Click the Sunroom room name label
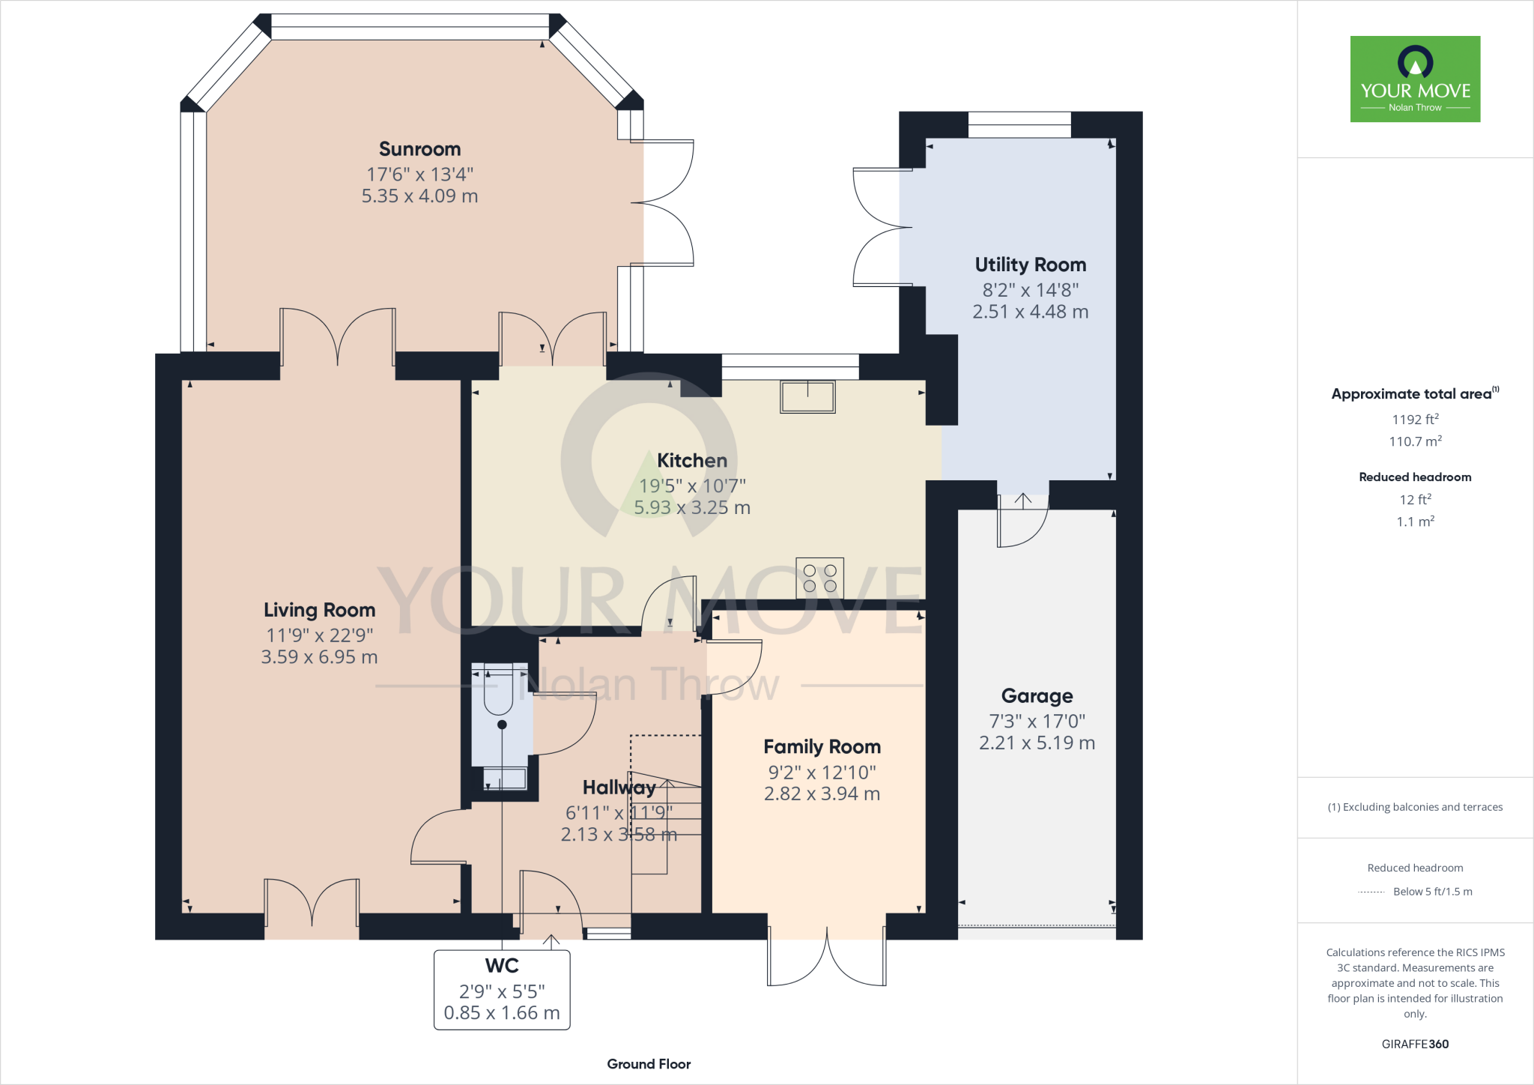click(x=419, y=149)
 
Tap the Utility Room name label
click(x=1030, y=265)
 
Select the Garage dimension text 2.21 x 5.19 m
click(x=1037, y=743)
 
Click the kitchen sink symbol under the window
click(x=807, y=396)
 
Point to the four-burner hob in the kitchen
click(x=819, y=578)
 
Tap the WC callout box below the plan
click(x=502, y=990)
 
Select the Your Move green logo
click(x=1415, y=79)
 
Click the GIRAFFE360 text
click(x=1415, y=1044)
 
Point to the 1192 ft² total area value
click(x=1415, y=420)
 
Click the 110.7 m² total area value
click(x=1415, y=441)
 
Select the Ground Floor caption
click(x=649, y=1064)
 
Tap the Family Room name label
click(x=822, y=747)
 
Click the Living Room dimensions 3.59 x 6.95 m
click(x=319, y=657)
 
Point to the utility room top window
click(x=1019, y=124)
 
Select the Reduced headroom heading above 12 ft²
click(x=1415, y=477)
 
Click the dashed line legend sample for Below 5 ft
click(x=1371, y=892)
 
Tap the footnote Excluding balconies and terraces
click(x=1415, y=807)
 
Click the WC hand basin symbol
click(x=504, y=779)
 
